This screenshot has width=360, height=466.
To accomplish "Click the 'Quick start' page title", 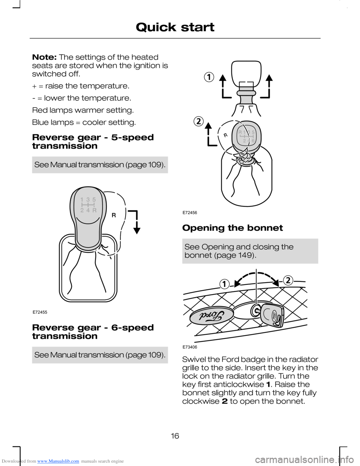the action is point(175,27).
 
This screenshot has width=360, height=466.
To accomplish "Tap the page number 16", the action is point(175,436).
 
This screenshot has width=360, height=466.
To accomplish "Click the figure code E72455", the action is point(40,312).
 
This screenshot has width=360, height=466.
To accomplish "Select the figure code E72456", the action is point(190,212).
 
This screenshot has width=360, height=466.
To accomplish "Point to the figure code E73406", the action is point(190,347).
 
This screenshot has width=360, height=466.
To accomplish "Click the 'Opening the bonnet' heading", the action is point(232,228).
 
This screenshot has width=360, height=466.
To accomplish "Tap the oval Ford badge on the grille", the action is point(212,316).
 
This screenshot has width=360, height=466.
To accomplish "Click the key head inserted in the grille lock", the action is point(272,315).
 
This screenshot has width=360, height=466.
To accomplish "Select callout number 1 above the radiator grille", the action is point(224,284).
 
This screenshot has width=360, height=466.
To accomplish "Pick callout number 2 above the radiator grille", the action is point(288,281).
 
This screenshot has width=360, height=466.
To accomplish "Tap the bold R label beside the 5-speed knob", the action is point(114,215).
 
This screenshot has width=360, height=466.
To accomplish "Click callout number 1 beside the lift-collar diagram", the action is point(209,77).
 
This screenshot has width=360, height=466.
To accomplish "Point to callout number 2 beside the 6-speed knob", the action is point(198,122).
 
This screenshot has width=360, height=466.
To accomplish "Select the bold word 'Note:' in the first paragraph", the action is point(44,57).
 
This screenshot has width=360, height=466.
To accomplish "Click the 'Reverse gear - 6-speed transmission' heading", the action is point(93,332).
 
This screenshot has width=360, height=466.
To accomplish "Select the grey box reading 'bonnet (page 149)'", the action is point(250,251).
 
